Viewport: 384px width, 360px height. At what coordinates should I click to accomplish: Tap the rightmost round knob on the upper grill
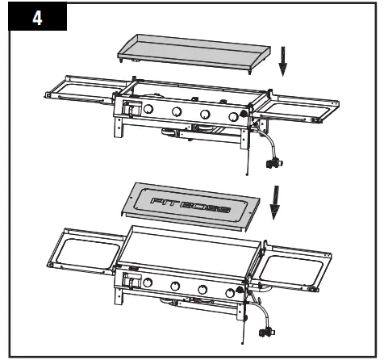click(x=233, y=117)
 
